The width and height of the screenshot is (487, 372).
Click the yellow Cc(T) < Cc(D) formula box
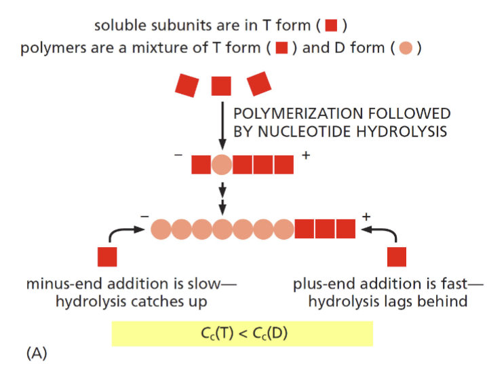242,333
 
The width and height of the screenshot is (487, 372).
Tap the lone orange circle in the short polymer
222,164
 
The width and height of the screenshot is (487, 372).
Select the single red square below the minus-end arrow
107,257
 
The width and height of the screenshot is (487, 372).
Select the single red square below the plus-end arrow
396,257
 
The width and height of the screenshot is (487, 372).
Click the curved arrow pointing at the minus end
123,233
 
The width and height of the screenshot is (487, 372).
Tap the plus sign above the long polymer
366,217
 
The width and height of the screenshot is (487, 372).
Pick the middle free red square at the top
221,86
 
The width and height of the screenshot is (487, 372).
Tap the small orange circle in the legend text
406,50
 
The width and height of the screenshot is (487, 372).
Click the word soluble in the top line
115,26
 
